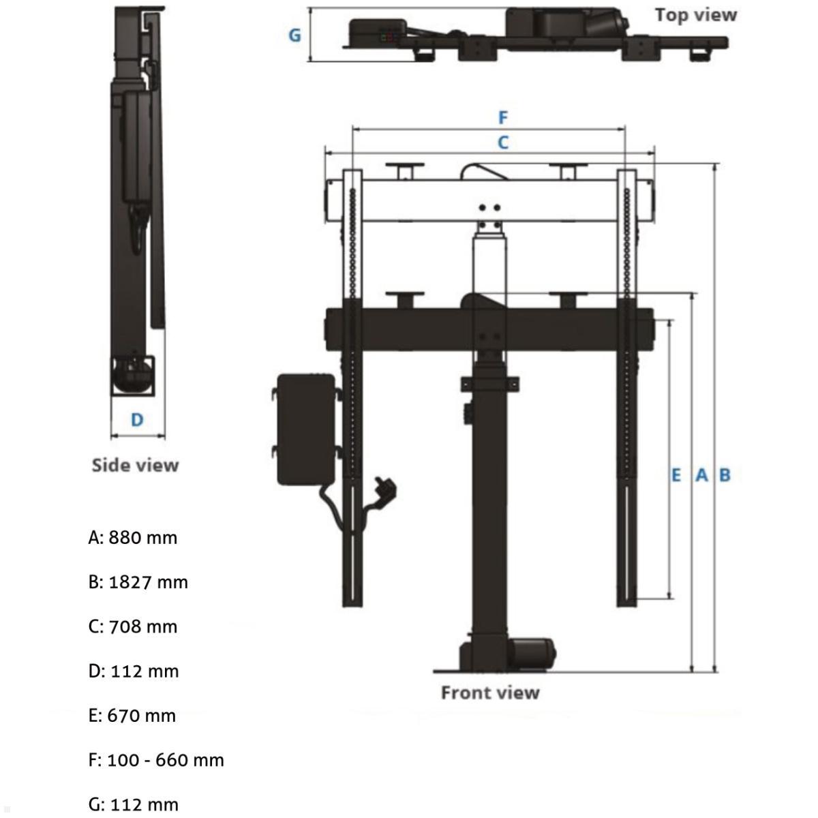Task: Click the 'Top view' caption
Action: pyautogui.click(x=695, y=15)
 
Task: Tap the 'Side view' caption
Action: pyautogui.click(x=135, y=465)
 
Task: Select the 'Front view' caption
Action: pyautogui.click(x=489, y=693)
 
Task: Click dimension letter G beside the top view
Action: pyautogui.click(x=294, y=35)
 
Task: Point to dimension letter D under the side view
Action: pyautogui.click(x=137, y=419)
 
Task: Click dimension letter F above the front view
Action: pyautogui.click(x=503, y=118)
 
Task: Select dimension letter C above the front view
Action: pyautogui.click(x=503, y=142)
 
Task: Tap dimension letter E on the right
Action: pyautogui.click(x=676, y=474)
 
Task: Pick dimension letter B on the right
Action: pyautogui.click(x=725, y=474)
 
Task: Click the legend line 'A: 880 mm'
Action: pyautogui.click(x=133, y=538)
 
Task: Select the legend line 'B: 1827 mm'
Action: pyautogui.click(x=138, y=582)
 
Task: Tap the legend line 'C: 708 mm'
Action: pyautogui.click(x=133, y=626)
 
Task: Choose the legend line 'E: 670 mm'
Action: pyautogui.click(x=132, y=716)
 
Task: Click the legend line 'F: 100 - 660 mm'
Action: pyautogui.click(x=156, y=760)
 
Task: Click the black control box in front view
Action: pyautogui.click(x=305, y=429)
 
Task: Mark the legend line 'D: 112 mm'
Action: pyautogui.click(x=134, y=671)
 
